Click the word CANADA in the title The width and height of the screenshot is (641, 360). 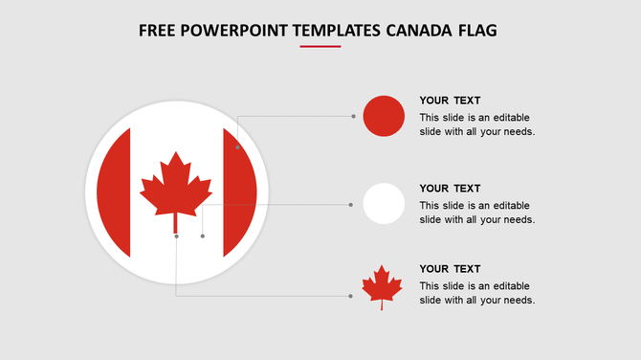click(x=417, y=31)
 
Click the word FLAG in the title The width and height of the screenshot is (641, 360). click(x=475, y=31)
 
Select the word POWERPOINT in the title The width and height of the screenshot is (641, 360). click(x=229, y=31)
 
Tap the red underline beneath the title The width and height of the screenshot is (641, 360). click(x=320, y=46)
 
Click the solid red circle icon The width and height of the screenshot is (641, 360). click(x=384, y=116)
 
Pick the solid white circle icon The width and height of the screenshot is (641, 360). click(x=384, y=203)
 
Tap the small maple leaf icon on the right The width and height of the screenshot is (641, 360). click(x=381, y=286)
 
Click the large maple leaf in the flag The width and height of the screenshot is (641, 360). click(x=176, y=184)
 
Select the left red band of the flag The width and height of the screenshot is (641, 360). click(x=114, y=191)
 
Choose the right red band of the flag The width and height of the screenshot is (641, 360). click(x=240, y=191)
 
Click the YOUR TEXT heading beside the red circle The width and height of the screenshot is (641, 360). click(x=450, y=101)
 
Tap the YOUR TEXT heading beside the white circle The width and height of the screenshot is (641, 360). click(x=450, y=189)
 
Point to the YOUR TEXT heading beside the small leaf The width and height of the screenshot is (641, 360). click(x=450, y=269)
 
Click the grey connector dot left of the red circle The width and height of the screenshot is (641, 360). click(x=353, y=116)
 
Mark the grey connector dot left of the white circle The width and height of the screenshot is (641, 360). click(x=351, y=204)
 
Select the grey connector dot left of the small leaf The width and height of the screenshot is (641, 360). click(x=350, y=296)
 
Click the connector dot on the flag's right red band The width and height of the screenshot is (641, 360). click(x=237, y=147)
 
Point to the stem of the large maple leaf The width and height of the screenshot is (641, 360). click(x=176, y=224)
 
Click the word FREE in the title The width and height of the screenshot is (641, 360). click(x=156, y=31)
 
